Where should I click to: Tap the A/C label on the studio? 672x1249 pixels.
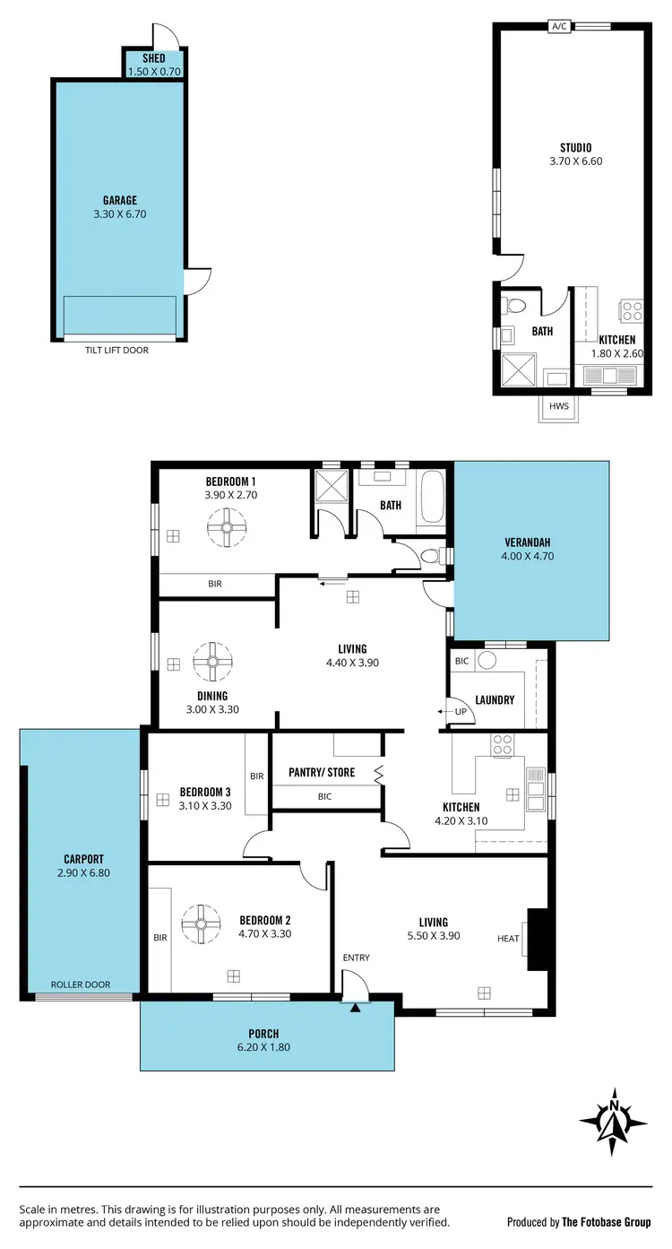(559, 26)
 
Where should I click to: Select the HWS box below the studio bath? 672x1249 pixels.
(559, 406)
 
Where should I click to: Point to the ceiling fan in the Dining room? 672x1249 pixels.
(212, 663)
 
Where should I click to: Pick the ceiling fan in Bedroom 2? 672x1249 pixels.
(201, 924)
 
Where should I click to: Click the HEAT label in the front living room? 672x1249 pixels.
(508, 939)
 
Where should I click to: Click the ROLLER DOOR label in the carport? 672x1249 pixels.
(81, 984)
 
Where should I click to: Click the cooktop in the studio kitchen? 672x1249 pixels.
(632, 311)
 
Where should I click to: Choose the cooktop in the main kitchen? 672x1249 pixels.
(503, 745)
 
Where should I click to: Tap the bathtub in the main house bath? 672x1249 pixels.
(431, 496)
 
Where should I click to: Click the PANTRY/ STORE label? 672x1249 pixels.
(322, 772)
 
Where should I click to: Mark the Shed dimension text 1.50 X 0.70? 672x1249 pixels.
(154, 70)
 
